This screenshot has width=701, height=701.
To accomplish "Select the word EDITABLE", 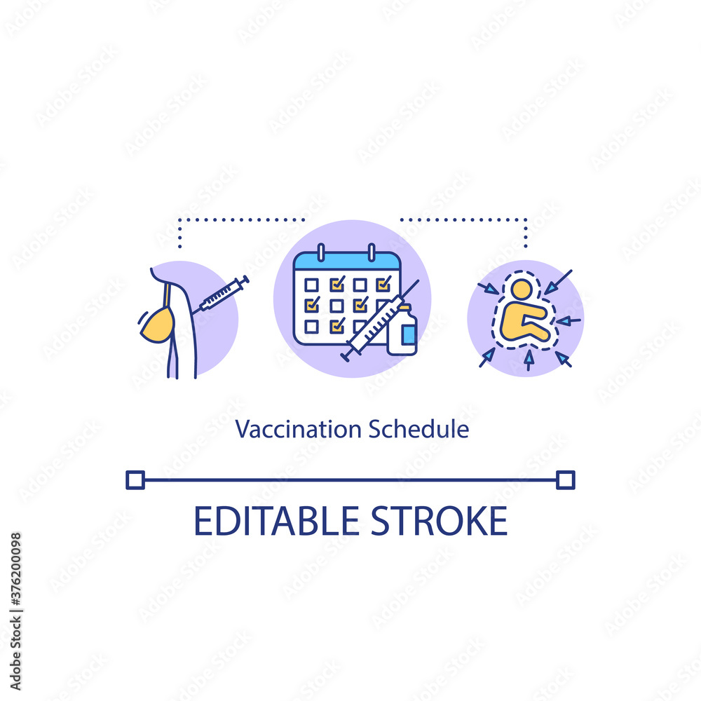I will (273, 521).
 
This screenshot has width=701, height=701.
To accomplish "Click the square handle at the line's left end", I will (135, 479).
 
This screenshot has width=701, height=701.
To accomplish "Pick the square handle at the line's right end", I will (565, 479).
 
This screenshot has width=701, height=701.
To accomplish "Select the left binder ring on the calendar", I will (320, 252).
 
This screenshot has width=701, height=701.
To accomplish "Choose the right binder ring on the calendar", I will (372, 252).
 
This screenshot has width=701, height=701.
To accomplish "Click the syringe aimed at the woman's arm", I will (224, 294).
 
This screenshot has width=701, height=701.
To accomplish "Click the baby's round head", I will (520, 289).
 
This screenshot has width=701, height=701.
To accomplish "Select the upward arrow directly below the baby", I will (528, 360).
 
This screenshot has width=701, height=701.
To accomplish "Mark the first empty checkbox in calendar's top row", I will (312, 285).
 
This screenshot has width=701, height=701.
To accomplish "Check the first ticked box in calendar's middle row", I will (312, 305).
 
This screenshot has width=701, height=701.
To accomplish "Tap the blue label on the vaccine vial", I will (408, 334).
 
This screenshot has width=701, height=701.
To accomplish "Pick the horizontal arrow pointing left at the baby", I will (569, 320).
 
